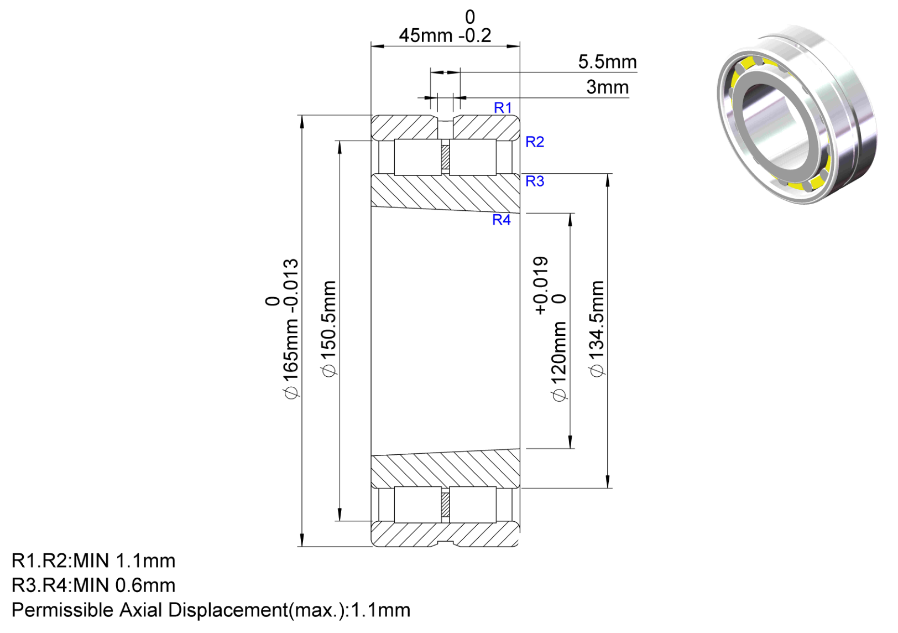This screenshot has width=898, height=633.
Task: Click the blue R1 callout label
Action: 503,107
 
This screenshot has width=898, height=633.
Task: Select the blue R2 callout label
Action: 535,142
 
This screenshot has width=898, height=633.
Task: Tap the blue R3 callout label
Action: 535,181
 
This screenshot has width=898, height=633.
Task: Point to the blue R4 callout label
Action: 502,220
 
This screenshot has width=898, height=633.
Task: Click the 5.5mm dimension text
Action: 607,62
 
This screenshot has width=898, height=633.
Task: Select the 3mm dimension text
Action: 607,87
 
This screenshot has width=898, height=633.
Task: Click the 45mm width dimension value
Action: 426,35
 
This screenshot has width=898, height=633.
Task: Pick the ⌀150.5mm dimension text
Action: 329,329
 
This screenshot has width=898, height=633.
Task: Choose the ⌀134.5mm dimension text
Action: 597,329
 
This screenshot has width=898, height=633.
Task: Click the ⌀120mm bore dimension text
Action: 558,361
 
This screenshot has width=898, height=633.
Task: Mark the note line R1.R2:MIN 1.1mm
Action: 93,561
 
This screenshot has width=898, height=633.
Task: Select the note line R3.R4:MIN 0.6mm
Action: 93,585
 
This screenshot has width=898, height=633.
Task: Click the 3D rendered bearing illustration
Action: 797,115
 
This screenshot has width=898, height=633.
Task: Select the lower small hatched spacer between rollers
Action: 445,505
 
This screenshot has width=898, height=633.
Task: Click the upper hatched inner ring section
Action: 445,193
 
